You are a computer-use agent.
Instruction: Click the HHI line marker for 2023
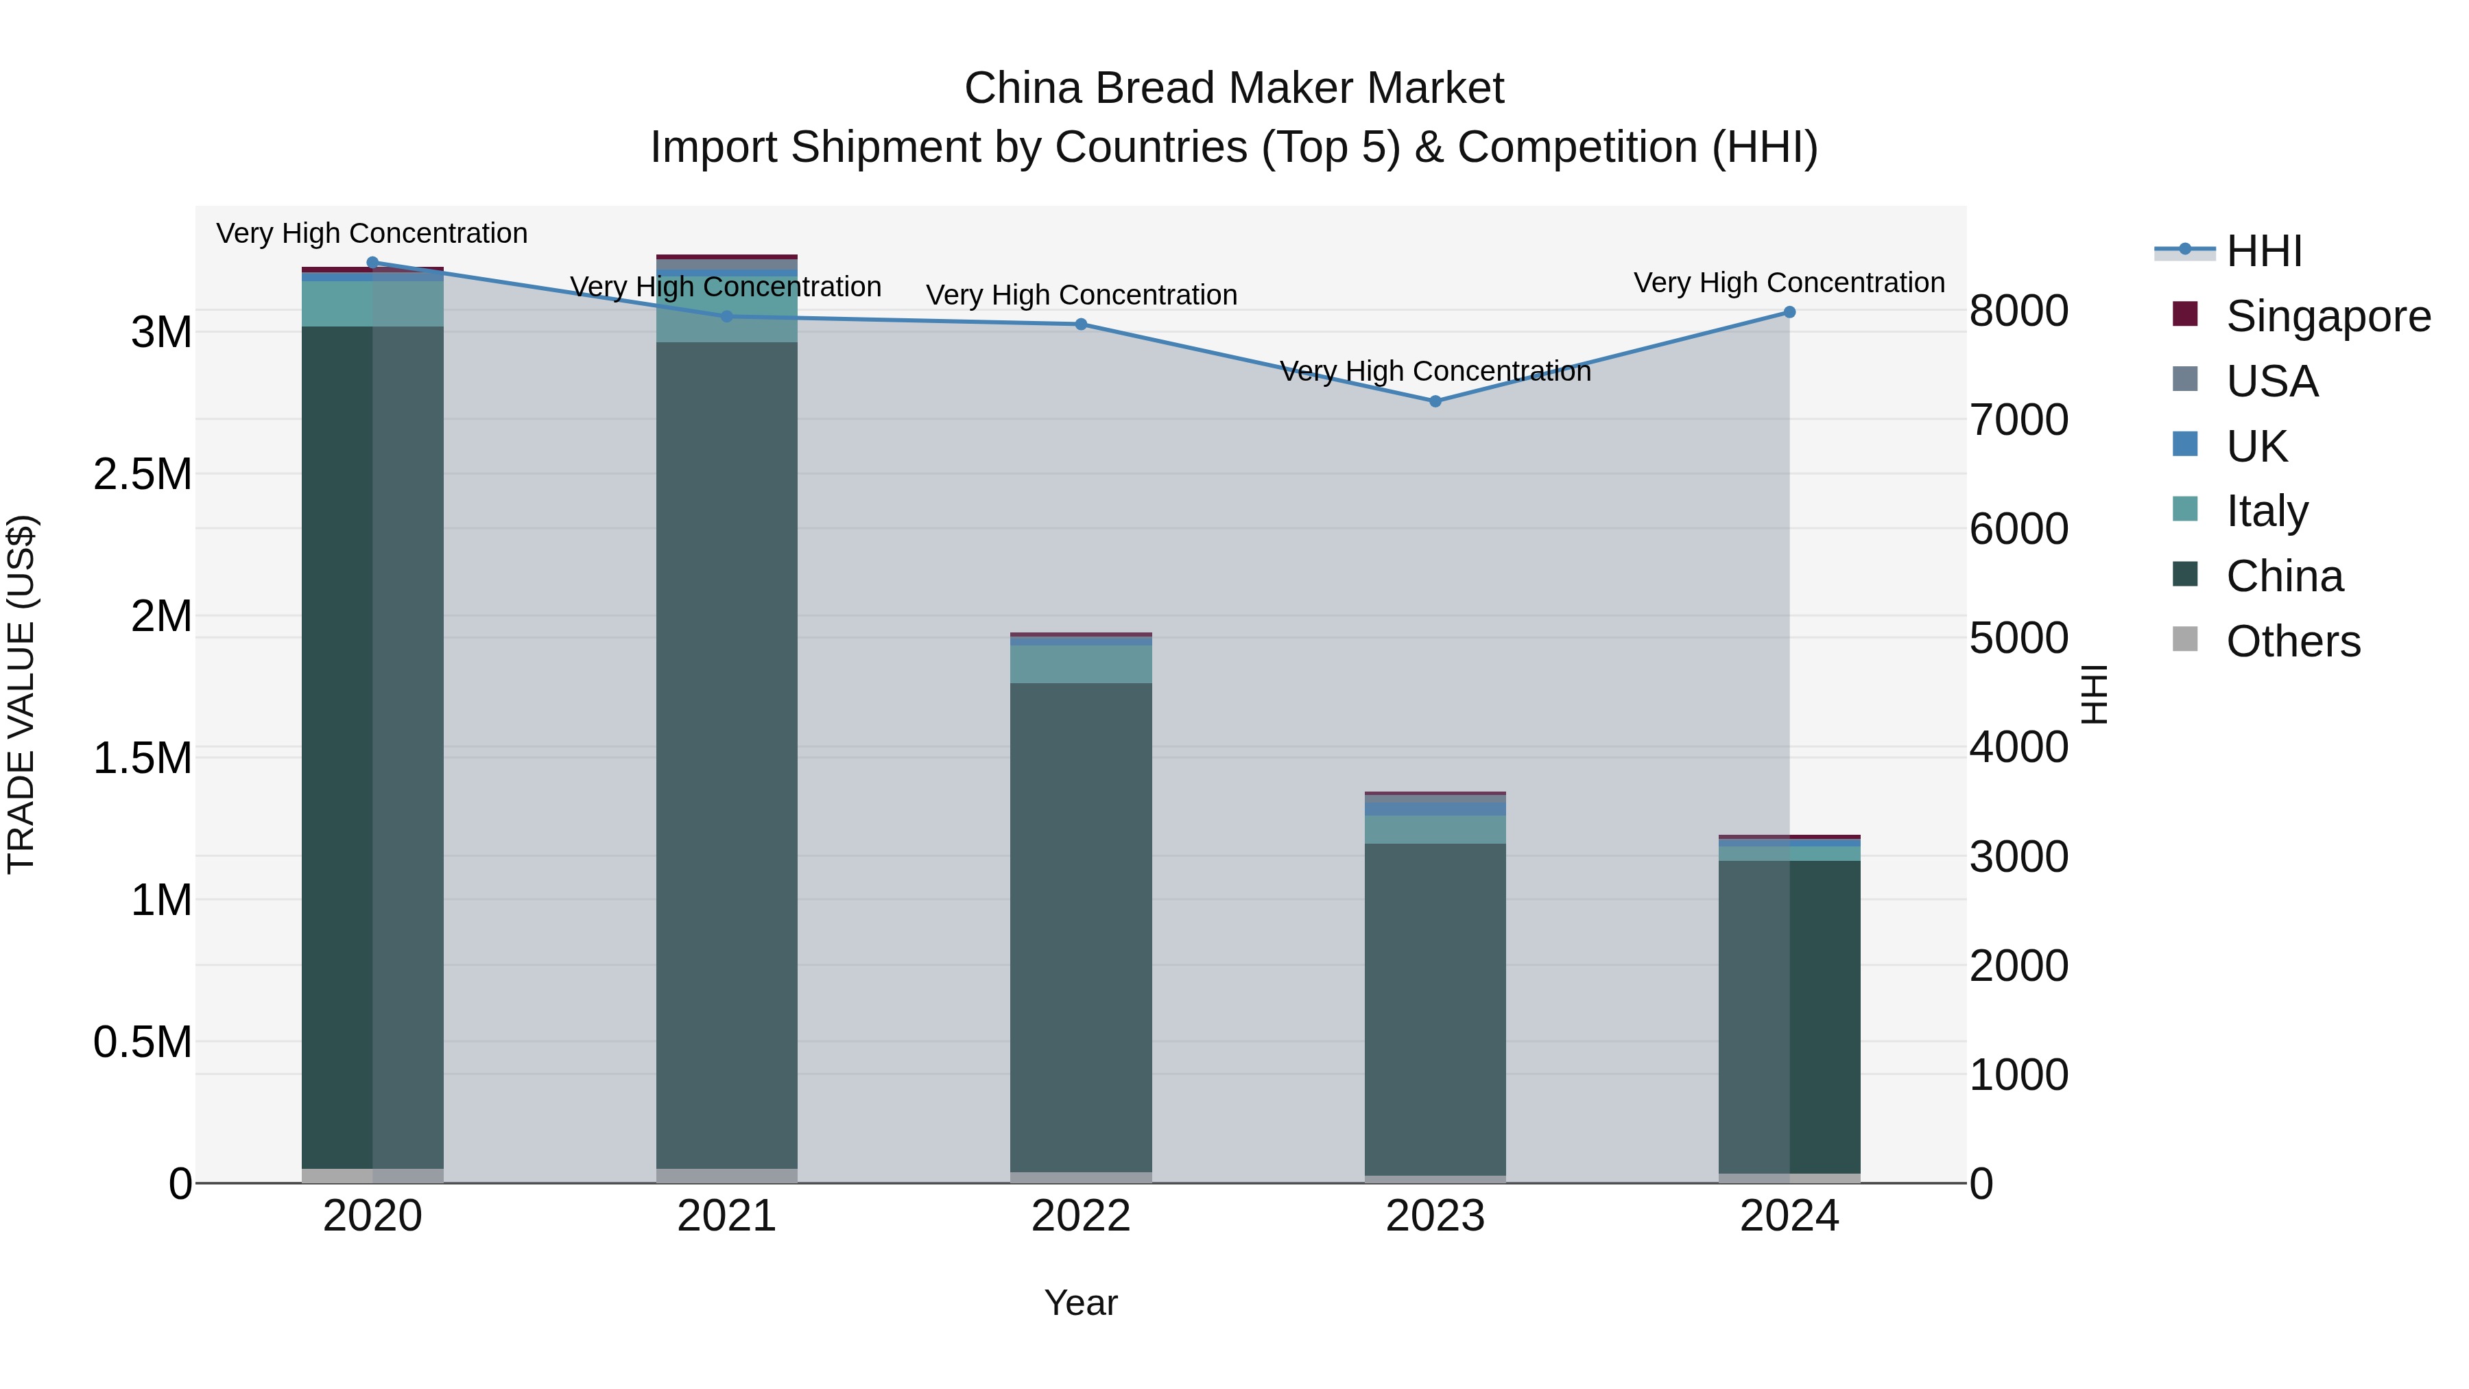(x=1435, y=401)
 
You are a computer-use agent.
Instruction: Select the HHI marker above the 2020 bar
(x=373, y=262)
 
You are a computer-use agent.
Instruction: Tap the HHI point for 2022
(x=1081, y=324)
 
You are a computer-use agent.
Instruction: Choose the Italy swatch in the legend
(x=2184, y=509)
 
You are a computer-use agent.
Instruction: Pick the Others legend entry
(x=2293, y=641)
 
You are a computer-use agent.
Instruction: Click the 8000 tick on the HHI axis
(x=2018, y=311)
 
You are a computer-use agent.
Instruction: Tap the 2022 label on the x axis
(x=1081, y=1216)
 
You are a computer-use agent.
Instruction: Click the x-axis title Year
(x=1081, y=1303)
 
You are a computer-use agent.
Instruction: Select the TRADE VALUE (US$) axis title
(x=21, y=694)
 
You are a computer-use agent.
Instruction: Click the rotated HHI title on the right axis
(x=2095, y=694)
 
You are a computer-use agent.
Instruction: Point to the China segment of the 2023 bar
(x=1435, y=1006)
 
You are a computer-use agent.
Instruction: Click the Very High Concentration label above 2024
(x=1789, y=283)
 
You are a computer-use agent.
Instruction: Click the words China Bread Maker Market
(x=1234, y=88)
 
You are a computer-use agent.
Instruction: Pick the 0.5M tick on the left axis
(x=142, y=1042)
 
